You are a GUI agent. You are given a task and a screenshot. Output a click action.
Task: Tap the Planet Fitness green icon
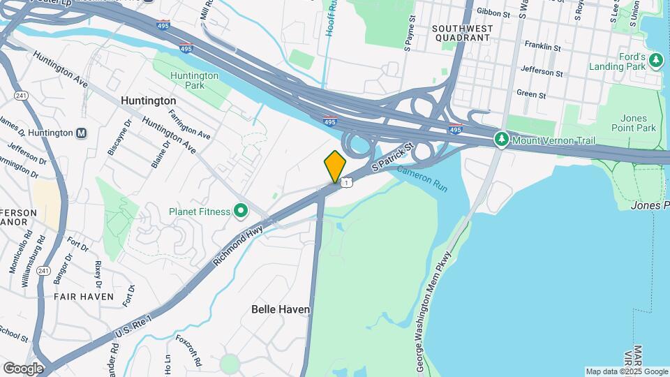241,210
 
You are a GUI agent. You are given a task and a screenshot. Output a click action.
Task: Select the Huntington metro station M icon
82,133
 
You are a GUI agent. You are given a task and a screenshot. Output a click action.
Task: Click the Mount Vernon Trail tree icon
501,140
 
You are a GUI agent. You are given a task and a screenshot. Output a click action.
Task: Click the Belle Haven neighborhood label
281,309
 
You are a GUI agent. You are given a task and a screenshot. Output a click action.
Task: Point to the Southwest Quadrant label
462,34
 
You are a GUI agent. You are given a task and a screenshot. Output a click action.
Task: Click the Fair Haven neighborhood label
84,297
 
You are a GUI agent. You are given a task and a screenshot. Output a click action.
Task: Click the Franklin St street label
543,47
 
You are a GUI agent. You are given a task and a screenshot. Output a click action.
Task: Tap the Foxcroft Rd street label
188,352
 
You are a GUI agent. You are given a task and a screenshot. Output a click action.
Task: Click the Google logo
23,368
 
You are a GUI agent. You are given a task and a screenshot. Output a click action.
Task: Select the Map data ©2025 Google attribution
627,371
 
